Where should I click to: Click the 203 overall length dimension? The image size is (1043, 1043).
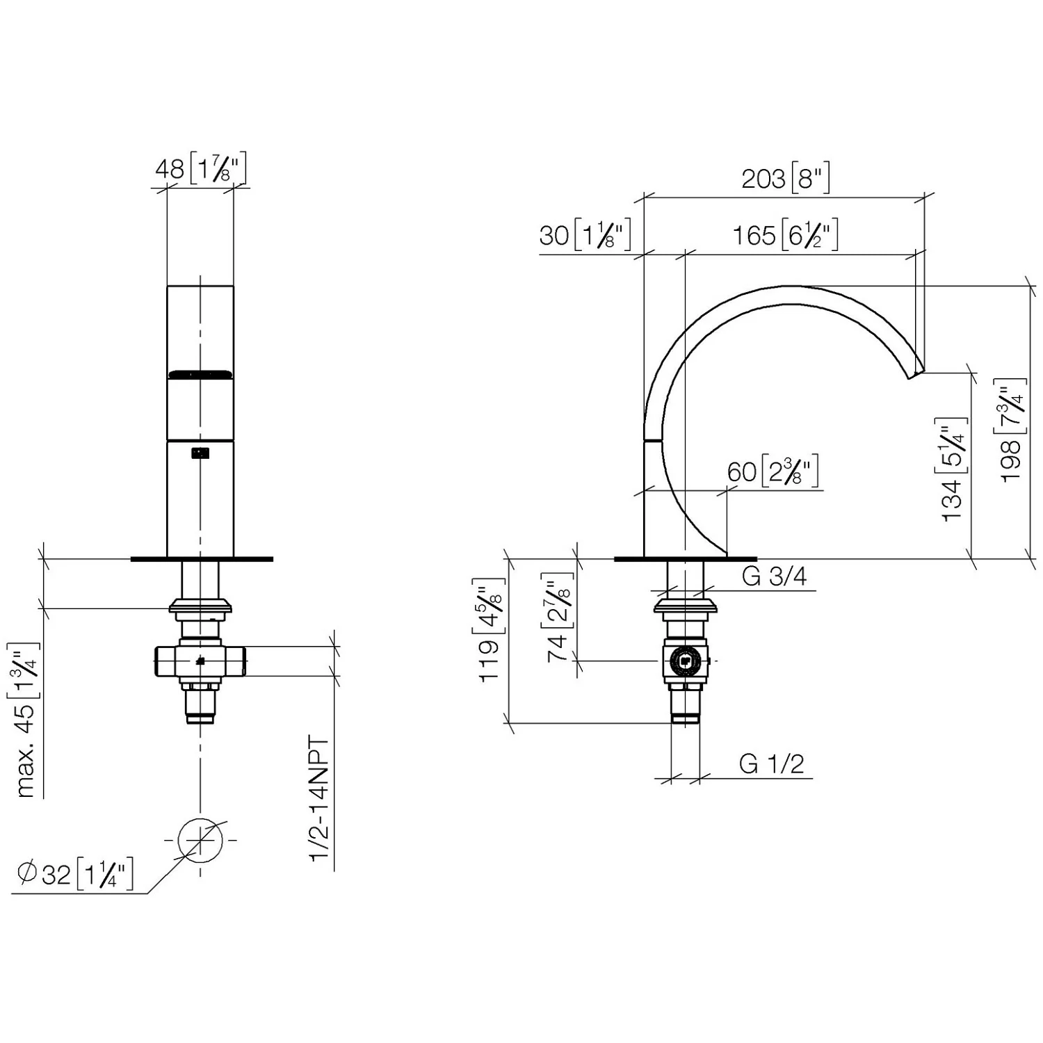coord(786,179)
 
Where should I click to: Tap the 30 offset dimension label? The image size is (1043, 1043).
coord(585,235)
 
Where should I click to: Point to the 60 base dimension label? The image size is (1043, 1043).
coord(773,472)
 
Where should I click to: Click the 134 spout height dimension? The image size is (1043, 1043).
coord(953,470)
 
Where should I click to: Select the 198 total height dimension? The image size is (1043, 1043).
coord(1012,430)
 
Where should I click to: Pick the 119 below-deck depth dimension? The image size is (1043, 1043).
coord(490,630)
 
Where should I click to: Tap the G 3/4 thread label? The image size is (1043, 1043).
coord(774,576)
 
